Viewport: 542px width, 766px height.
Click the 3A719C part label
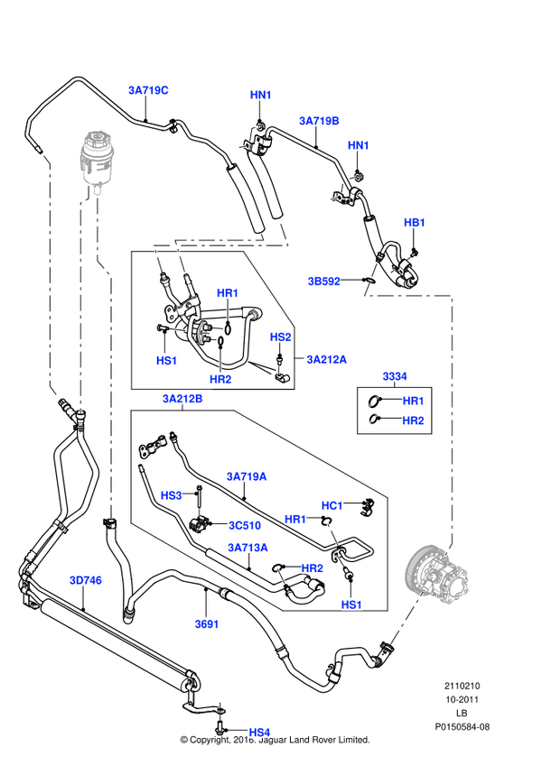(149, 90)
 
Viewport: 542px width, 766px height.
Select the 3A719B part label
(319, 120)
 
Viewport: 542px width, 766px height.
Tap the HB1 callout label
(414, 222)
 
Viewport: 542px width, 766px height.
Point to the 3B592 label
(323, 281)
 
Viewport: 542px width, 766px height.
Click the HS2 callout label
(281, 337)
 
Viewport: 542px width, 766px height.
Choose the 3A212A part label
(326, 359)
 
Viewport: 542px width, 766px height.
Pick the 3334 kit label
(394, 374)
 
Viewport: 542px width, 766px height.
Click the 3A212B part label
(182, 398)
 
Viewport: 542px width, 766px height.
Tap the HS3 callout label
(171, 495)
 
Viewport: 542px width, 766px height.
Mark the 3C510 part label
(244, 523)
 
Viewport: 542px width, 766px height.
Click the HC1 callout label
(332, 504)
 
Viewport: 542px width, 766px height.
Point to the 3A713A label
(247, 548)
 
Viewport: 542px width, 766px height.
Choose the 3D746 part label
(86, 580)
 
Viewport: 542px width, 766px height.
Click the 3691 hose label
(207, 623)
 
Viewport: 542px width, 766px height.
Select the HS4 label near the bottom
(259, 732)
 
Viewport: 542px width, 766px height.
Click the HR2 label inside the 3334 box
(413, 420)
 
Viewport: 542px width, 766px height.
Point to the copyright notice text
(276, 740)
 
